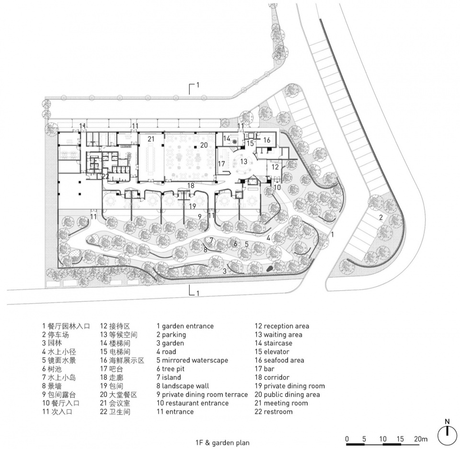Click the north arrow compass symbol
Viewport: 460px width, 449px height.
click(x=447, y=435)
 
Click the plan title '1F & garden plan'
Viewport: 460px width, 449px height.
click(x=222, y=443)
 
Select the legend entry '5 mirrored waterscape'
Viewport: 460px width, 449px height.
click(x=192, y=360)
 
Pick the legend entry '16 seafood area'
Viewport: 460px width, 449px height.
click(x=279, y=360)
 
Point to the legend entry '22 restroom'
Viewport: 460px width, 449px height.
click(x=274, y=412)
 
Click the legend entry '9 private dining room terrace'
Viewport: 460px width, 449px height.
click(x=202, y=394)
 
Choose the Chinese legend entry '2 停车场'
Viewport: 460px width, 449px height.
click(x=56, y=334)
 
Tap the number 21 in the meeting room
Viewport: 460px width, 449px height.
click(x=151, y=138)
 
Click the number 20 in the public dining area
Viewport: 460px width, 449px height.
click(x=204, y=145)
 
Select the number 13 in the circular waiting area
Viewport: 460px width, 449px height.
click(x=244, y=161)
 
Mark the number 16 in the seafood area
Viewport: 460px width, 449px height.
click(x=267, y=140)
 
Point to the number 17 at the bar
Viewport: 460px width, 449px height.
click(x=221, y=163)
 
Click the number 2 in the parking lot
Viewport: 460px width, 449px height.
click(x=381, y=218)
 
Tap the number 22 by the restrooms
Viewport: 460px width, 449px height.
click(x=105, y=176)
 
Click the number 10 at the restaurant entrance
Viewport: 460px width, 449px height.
click(x=277, y=187)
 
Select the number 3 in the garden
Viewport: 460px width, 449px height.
click(x=224, y=271)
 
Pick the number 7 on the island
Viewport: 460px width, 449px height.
click(x=211, y=240)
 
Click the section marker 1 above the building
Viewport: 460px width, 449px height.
click(x=198, y=85)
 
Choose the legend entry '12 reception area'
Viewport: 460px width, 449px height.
click(x=282, y=326)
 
